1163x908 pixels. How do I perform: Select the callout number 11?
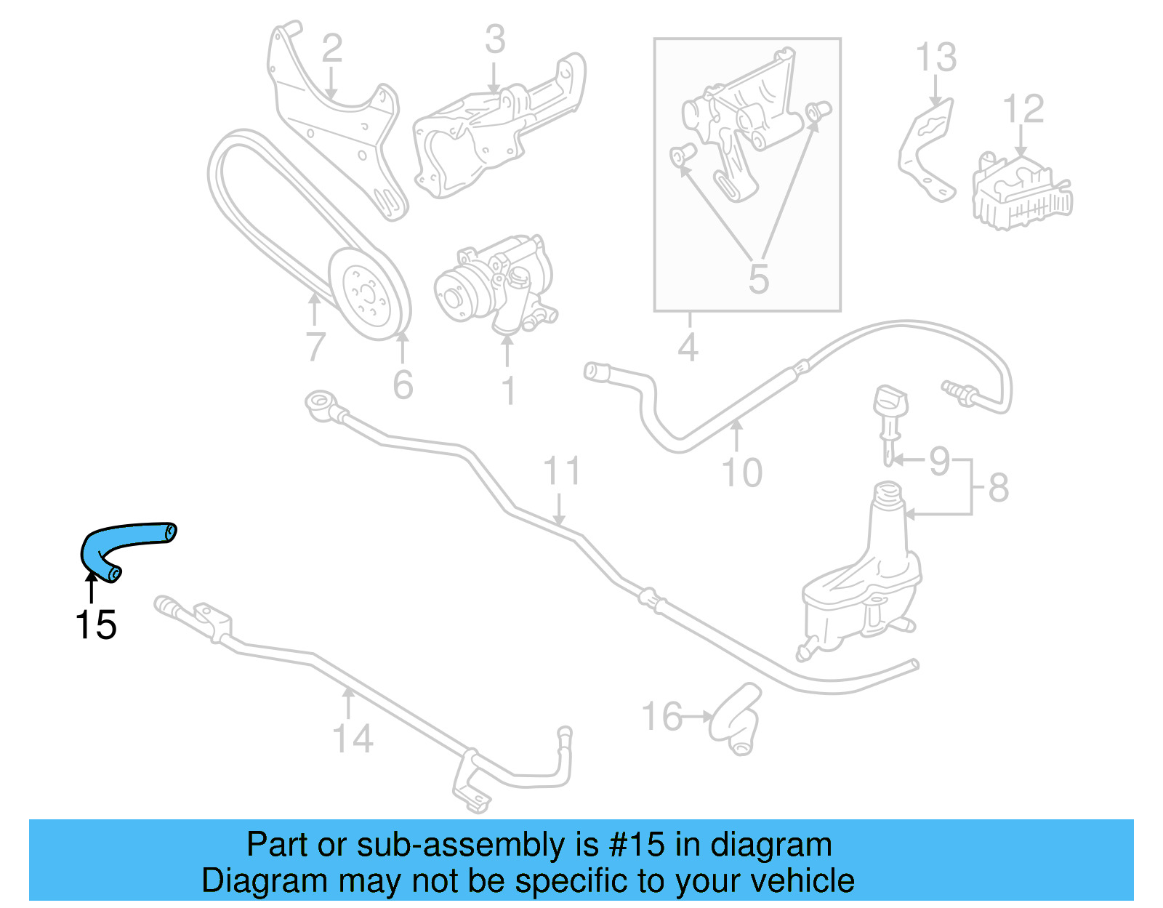(562, 471)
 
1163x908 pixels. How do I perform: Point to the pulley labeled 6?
(369, 294)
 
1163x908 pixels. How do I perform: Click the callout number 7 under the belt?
(315, 347)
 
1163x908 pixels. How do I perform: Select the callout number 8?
(999, 487)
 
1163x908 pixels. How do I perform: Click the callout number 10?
(741, 473)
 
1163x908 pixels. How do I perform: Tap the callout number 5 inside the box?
(758, 278)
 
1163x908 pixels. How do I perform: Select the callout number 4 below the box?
(688, 347)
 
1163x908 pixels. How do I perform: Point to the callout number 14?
(353, 739)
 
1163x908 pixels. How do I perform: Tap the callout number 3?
(495, 40)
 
